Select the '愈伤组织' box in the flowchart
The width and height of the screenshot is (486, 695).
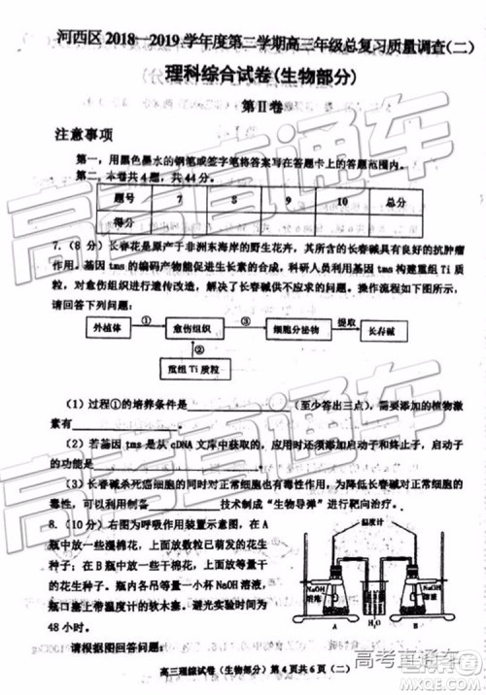coord(198,328)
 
